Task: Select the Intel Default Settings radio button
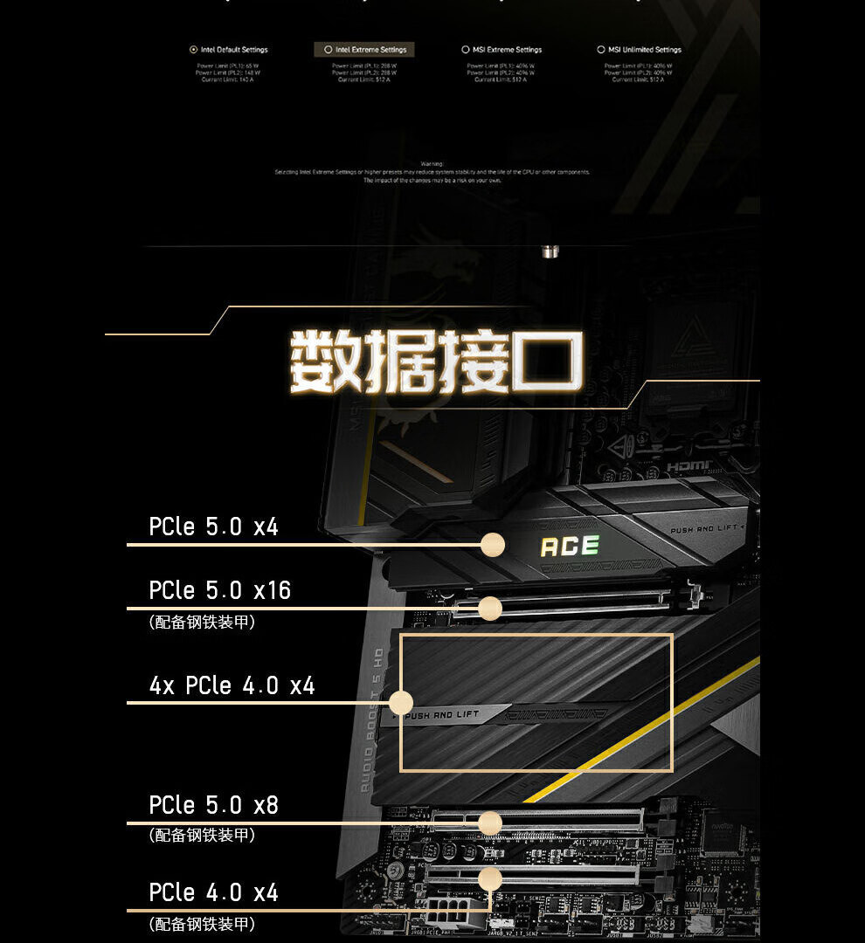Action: click(193, 50)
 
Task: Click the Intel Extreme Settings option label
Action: click(370, 50)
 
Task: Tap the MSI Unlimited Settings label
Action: click(645, 50)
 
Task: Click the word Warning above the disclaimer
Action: click(432, 163)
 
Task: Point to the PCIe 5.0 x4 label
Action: click(213, 527)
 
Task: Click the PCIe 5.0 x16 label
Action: click(219, 590)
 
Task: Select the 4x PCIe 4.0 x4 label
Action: click(232, 685)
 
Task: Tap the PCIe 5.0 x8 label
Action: click(213, 804)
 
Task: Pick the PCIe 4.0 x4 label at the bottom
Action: click(213, 892)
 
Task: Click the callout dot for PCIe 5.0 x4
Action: click(493, 545)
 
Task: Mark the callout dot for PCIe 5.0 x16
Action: click(490, 609)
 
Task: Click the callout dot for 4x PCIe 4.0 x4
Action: click(401, 703)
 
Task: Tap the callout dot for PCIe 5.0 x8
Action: click(490, 823)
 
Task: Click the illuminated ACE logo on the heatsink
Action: click(570, 547)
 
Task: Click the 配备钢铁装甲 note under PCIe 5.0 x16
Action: click(202, 623)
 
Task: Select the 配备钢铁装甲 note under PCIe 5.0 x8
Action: click(202, 836)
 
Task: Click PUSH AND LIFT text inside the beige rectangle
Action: click(444, 715)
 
